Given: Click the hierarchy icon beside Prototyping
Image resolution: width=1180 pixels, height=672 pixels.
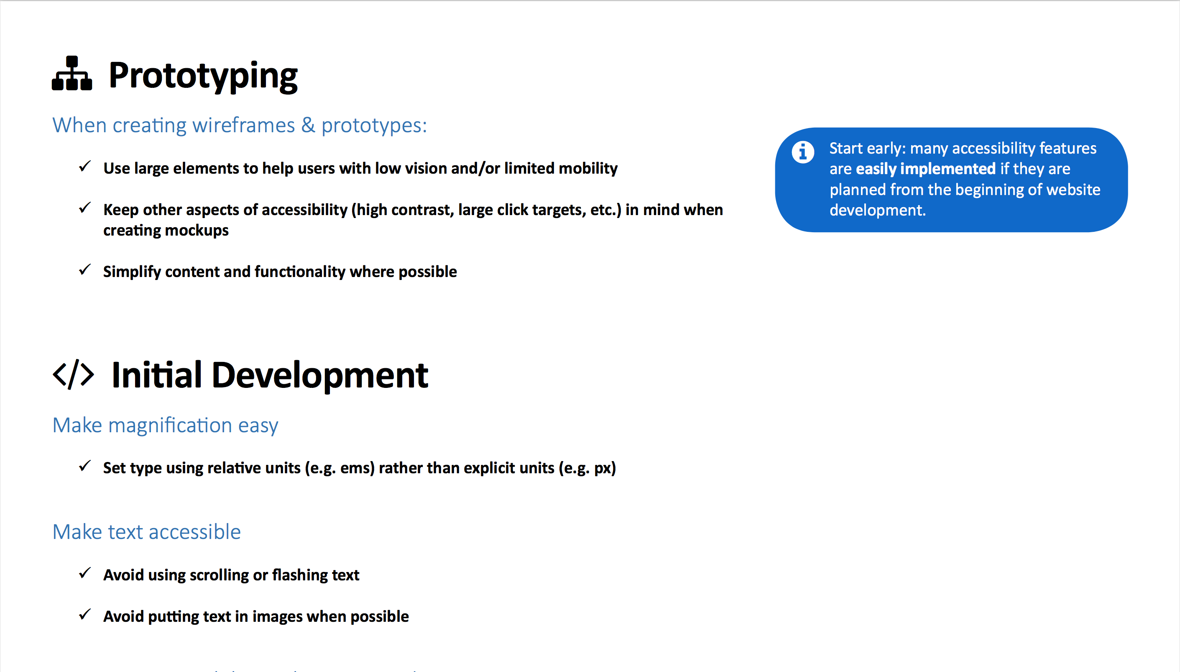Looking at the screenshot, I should tap(72, 73).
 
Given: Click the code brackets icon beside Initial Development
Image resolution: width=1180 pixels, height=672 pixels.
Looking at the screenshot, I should tap(73, 374).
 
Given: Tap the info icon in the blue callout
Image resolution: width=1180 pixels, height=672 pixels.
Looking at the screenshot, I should tap(802, 152).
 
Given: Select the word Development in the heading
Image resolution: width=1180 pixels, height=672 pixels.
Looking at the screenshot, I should tap(319, 375).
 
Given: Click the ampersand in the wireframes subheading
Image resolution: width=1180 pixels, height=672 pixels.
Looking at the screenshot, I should tap(308, 125).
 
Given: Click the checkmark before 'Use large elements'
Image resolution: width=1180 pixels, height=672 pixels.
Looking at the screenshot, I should tap(85, 166).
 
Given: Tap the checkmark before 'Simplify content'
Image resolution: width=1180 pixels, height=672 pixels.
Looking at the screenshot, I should tap(85, 269).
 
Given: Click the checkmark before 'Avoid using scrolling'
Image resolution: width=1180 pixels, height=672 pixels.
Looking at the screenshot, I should tap(85, 573).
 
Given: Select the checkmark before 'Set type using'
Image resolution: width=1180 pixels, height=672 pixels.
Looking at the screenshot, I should tap(85, 466).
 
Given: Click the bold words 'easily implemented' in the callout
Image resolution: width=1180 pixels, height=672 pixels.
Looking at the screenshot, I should tap(925, 169).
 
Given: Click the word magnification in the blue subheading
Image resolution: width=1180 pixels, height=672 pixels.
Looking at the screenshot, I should tap(170, 425).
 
